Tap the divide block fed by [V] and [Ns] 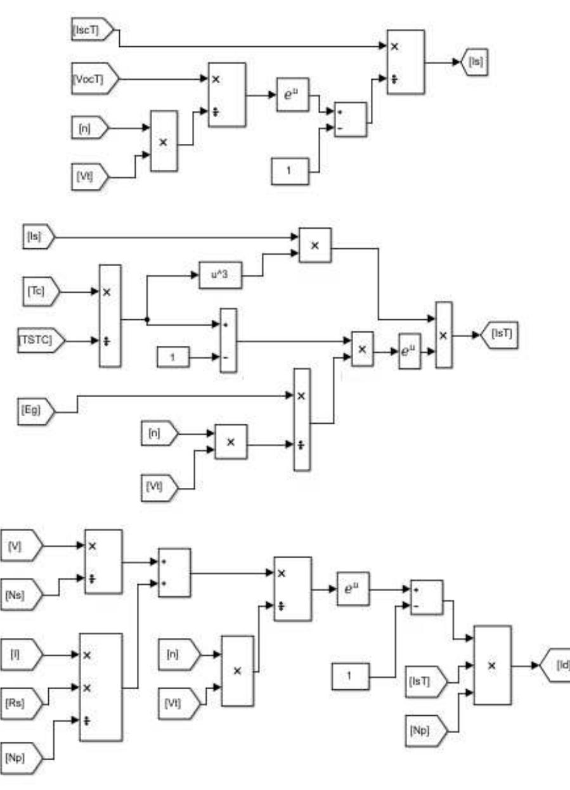click(x=103, y=561)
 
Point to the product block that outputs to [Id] click(x=493, y=665)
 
